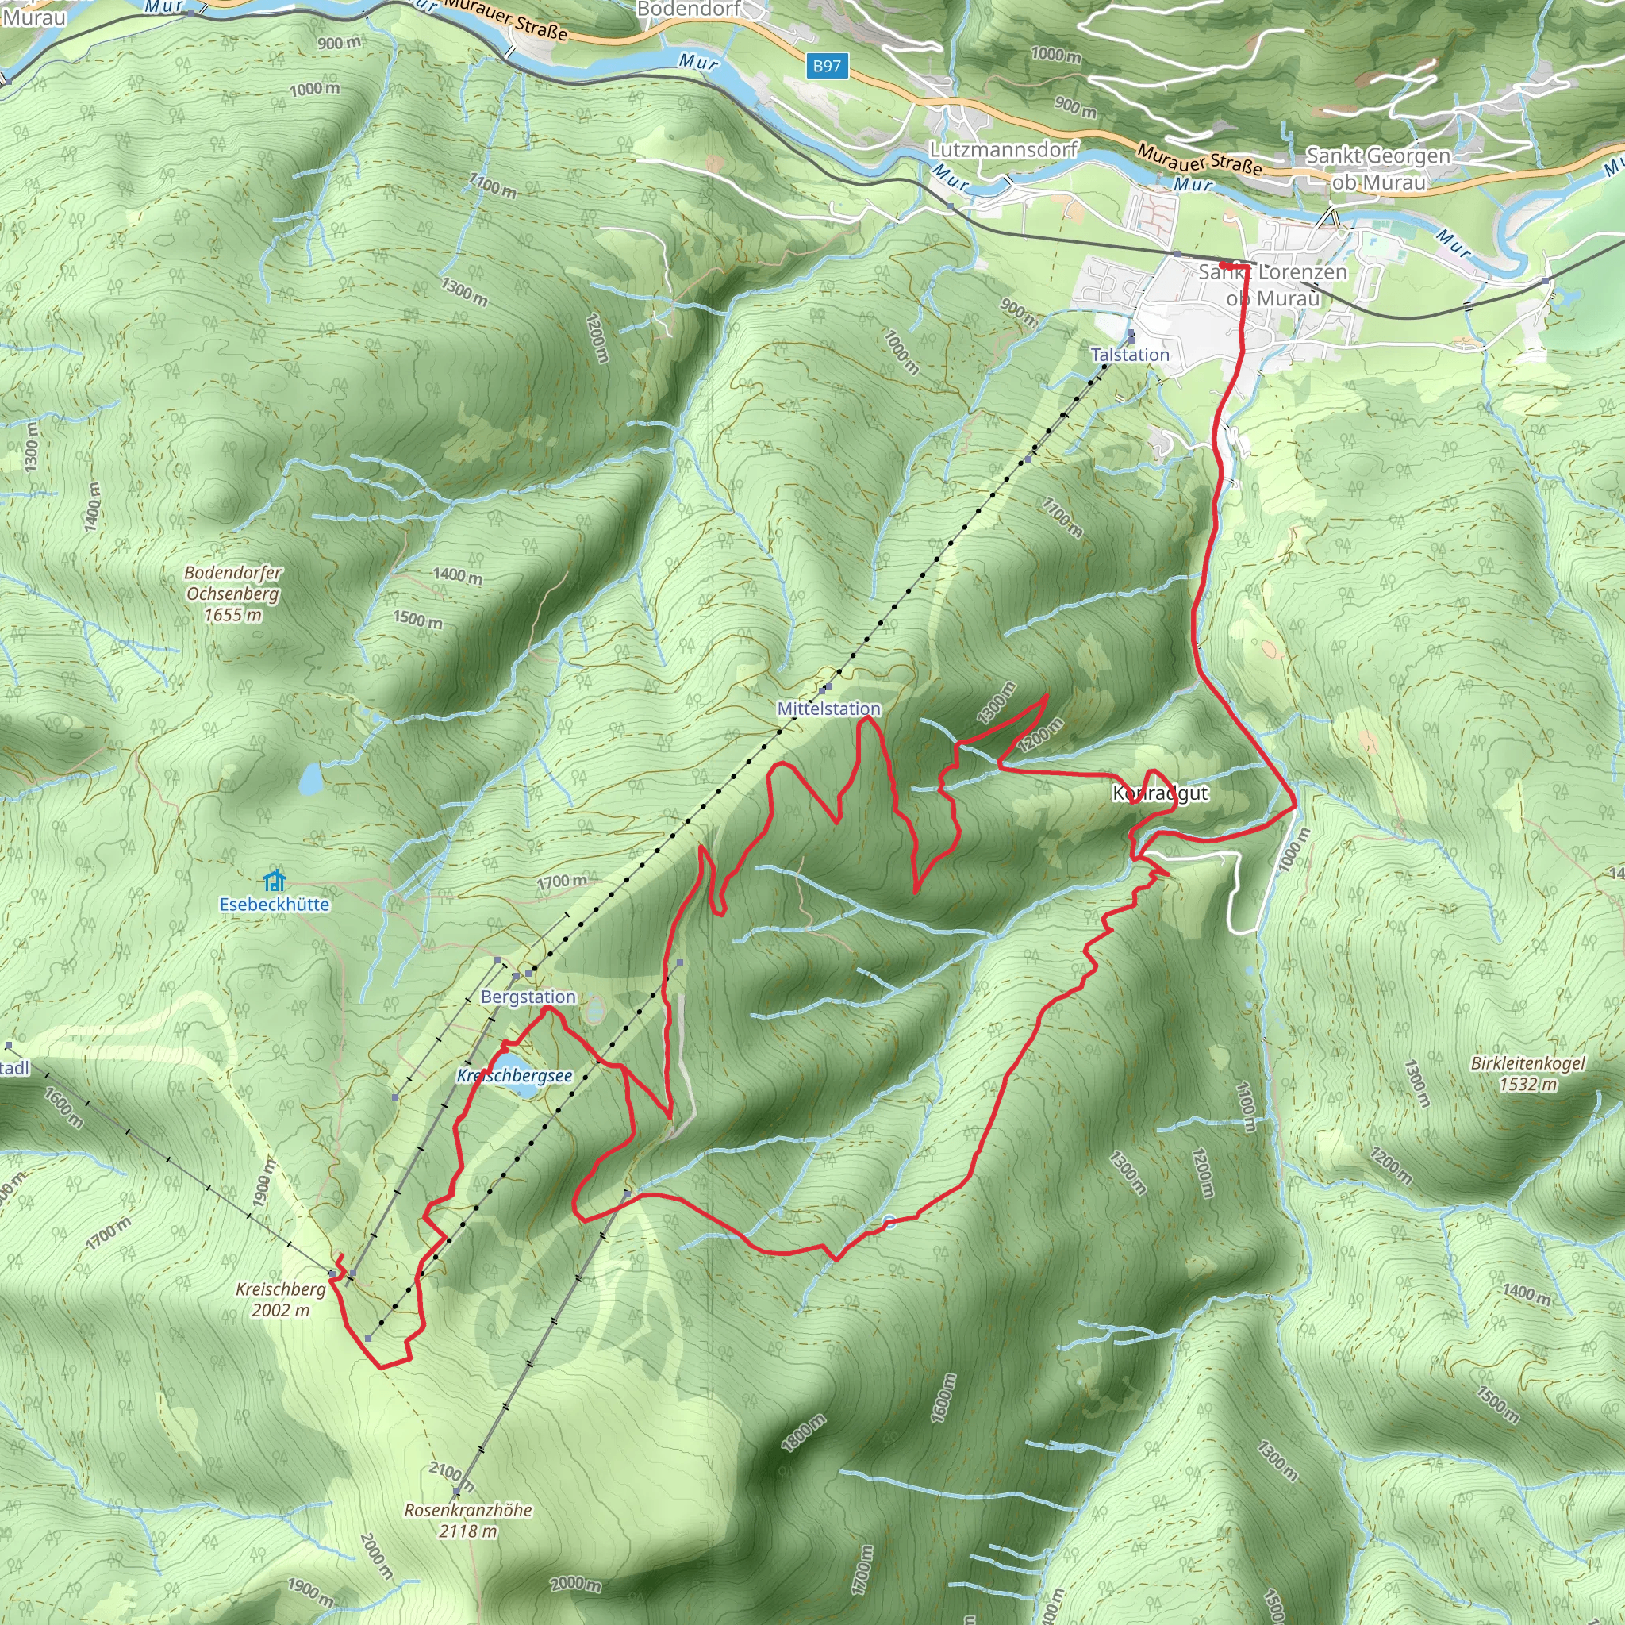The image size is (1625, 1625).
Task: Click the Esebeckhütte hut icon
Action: pos(275,881)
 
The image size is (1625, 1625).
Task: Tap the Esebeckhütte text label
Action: pos(275,905)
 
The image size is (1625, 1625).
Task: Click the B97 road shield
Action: pos(827,66)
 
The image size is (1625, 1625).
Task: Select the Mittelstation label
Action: pos(828,709)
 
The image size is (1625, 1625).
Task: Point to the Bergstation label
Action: pos(528,997)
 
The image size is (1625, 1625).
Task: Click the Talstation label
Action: pos(1130,355)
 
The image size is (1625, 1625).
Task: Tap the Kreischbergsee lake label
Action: pos(515,1076)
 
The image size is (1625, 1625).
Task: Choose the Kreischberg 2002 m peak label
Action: pos(281,1299)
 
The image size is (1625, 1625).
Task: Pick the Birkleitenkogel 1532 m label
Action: pos(1527,1074)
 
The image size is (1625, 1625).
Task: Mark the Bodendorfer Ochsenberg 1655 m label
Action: pos(233,593)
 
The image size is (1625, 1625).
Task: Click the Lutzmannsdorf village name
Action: pos(1004,150)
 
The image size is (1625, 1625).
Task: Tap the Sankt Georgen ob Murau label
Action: pos(1378,168)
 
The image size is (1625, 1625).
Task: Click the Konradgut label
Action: pos(1160,793)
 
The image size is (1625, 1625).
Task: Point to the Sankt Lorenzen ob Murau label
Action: pos(1273,284)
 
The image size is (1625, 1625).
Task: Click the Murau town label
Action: pos(33,17)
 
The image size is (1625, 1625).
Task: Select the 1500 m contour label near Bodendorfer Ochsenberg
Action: pos(417,620)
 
